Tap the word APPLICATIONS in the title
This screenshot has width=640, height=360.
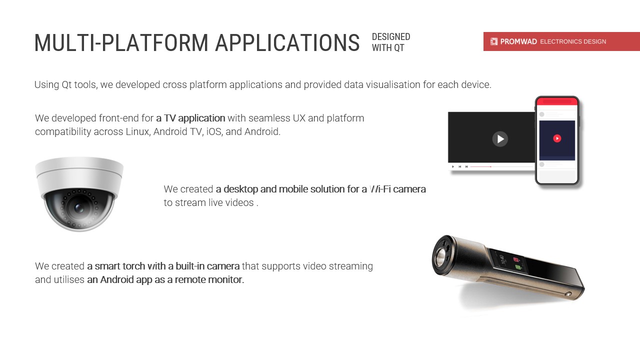click(x=287, y=43)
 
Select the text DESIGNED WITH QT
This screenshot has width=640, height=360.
click(x=391, y=42)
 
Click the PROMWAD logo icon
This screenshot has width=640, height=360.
click(x=493, y=41)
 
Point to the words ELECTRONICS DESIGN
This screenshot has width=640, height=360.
click(x=573, y=41)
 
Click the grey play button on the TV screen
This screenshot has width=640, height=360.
click(x=500, y=139)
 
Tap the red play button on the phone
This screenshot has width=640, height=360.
click(x=557, y=138)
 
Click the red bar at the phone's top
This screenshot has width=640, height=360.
click(x=557, y=101)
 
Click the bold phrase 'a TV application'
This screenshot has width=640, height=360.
click(x=190, y=118)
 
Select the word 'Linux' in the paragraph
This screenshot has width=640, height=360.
click(x=138, y=131)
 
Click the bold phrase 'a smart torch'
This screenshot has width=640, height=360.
click(x=116, y=266)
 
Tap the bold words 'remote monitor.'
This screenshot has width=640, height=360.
click(x=209, y=279)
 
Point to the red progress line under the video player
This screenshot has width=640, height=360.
click(x=480, y=166)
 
